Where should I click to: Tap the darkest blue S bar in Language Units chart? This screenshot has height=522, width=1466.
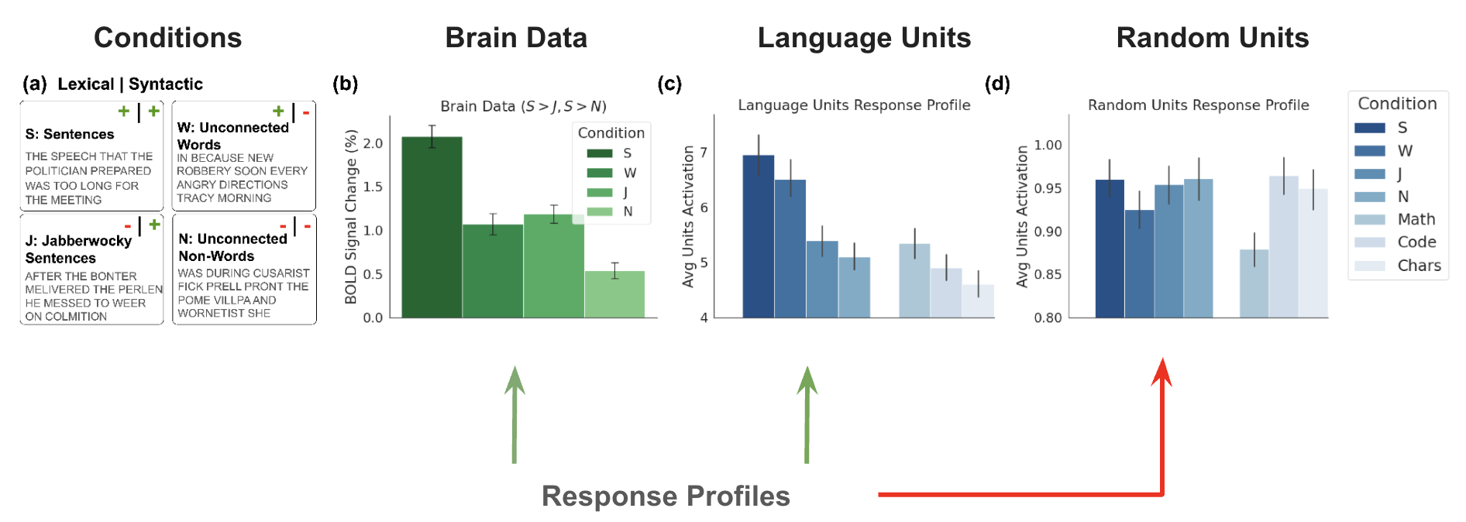point(758,236)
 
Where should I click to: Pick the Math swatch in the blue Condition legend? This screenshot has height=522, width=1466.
point(1369,220)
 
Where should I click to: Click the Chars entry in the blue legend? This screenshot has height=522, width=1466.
point(1419,266)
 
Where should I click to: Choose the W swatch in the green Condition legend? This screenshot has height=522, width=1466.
point(599,173)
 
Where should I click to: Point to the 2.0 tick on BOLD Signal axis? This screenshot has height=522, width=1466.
point(373,143)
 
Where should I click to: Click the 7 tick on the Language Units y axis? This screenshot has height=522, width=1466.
point(704,153)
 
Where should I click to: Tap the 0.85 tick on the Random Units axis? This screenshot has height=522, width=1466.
point(1048,274)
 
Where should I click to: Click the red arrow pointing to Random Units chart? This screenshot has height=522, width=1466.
point(1161,434)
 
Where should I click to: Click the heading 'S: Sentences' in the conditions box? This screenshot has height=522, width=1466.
point(70,135)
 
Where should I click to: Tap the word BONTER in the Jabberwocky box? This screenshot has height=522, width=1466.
point(115,276)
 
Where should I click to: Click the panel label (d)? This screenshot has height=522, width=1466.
point(997,84)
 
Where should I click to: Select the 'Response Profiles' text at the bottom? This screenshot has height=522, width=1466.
point(666,496)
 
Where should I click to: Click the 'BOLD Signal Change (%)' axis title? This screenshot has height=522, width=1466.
point(351,217)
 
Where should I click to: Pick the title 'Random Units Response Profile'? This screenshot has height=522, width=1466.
point(1198,105)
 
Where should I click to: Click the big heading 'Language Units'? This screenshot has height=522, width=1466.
point(864,38)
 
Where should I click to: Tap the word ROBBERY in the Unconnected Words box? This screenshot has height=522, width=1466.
point(200,171)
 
